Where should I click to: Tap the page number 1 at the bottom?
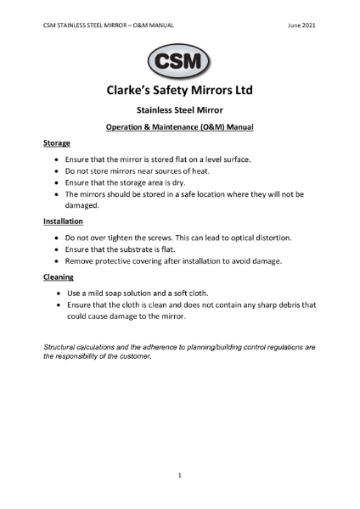(x=179, y=477)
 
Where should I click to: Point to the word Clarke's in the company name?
(x=135, y=90)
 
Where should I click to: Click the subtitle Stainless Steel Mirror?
(x=179, y=110)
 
